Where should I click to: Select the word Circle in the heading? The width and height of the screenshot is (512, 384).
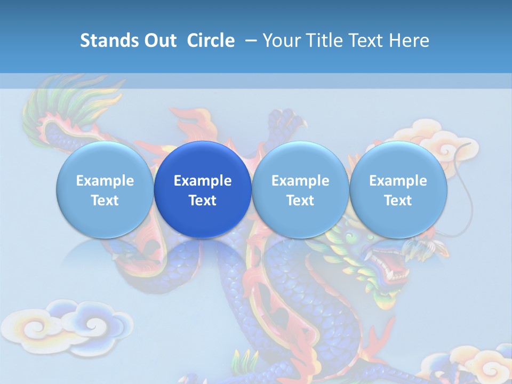click(x=211, y=41)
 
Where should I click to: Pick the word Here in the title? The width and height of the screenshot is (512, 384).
click(x=411, y=41)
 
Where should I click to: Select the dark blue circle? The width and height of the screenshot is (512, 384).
click(x=203, y=189)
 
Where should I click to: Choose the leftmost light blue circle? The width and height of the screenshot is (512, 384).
click(x=105, y=189)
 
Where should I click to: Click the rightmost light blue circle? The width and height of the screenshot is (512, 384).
click(x=398, y=189)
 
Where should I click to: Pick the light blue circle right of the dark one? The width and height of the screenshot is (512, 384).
click(x=300, y=189)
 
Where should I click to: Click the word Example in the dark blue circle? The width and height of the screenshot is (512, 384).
click(x=203, y=181)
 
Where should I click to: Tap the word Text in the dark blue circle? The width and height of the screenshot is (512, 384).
click(x=203, y=201)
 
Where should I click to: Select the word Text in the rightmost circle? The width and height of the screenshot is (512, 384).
click(x=398, y=201)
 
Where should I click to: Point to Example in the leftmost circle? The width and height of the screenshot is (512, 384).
click(x=105, y=181)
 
